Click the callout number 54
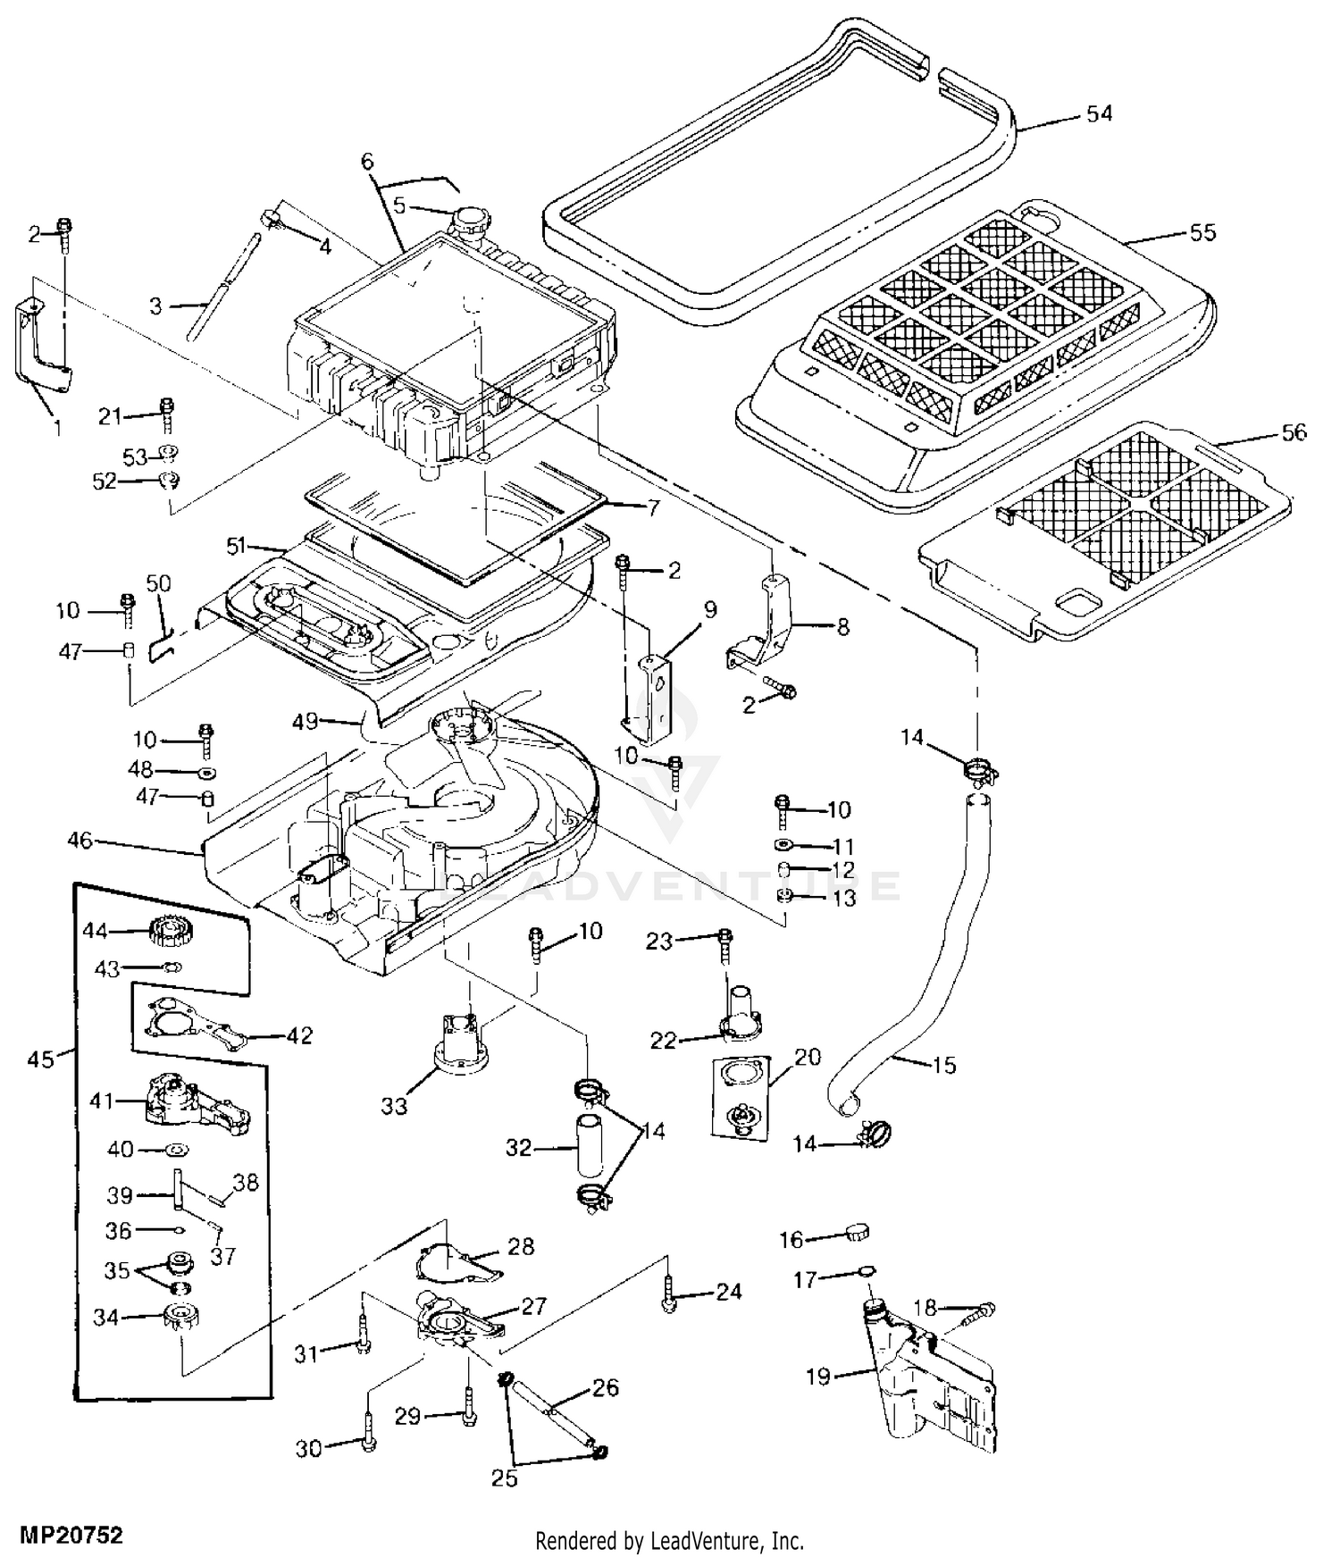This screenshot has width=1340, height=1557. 1099,113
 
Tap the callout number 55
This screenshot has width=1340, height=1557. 1202,232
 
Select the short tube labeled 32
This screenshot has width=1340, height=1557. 589,1145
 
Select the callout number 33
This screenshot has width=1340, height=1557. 394,1106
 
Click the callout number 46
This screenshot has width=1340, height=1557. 80,841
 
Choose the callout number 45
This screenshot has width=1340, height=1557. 40,1059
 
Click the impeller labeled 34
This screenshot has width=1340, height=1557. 181,1315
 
